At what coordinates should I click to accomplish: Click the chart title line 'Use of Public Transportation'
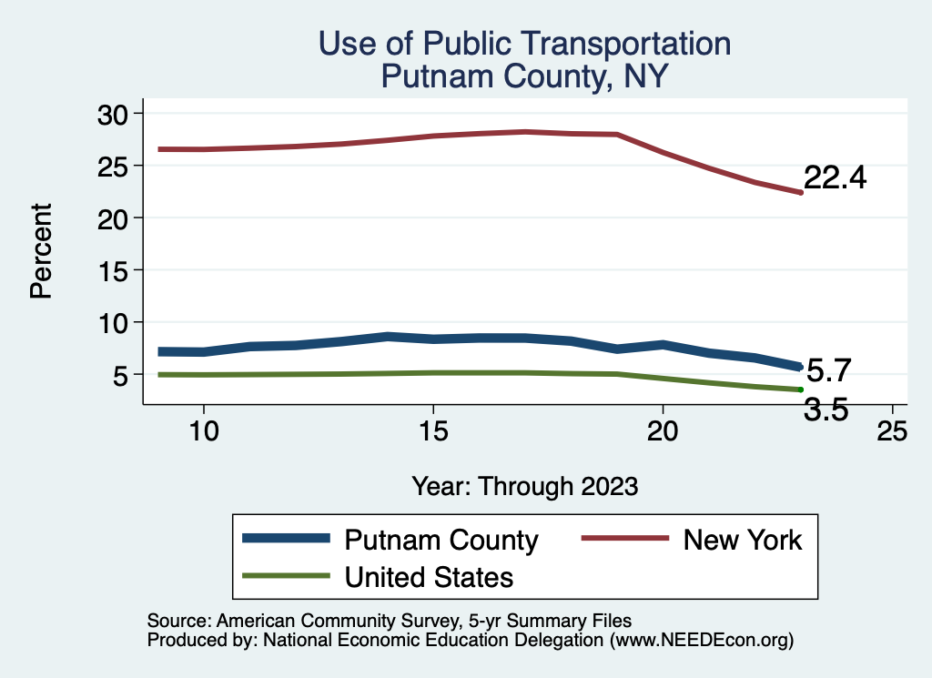pyautogui.click(x=524, y=43)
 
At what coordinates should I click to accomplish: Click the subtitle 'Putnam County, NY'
pyautogui.click(x=524, y=76)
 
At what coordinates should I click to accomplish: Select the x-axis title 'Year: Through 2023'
pyautogui.click(x=524, y=485)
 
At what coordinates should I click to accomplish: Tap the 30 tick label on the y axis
pyautogui.click(x=116, y=113)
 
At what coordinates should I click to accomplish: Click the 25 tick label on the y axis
pyautogui.click(x=116, y=166)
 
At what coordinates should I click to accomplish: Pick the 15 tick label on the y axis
pyautogui.click(x=116, y=270)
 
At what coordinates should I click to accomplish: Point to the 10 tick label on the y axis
pyautogui.click(x=116, y=322)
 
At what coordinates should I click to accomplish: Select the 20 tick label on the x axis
pyautogui.click(x=663, y=431)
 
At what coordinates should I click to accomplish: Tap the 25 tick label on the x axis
pyautogui.click(x=892, y=431)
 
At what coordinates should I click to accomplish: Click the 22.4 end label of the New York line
pyautogui.click(x=835, y=178)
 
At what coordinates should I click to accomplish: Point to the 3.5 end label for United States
pyautogui.click(x=826, y=410)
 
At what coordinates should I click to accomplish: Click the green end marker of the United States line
pyautogui.click(x=800, y=390)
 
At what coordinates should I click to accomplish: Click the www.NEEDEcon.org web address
pyautogui.click(x=702, y=640)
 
